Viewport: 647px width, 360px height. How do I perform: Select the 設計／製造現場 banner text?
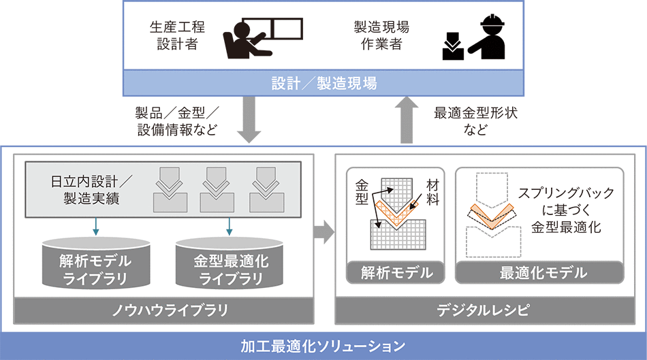point(323,84)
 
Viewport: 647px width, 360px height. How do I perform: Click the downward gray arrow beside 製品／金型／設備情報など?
point(251,120)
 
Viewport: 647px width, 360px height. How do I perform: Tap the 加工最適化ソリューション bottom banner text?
point(323,344)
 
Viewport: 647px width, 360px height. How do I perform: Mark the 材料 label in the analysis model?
point(433,192)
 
